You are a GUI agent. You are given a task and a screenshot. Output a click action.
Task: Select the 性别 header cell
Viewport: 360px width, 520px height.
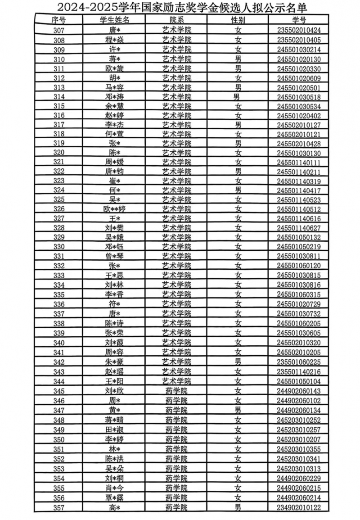click(x=238, y=20)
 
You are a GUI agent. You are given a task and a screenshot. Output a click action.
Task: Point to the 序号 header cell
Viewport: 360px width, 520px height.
click(x=58, y=20)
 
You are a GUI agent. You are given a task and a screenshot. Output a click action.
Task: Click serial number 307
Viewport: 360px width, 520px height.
click(x=58, y=31)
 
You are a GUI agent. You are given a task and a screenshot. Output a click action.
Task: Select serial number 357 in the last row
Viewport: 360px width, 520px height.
click(x=58, y=507)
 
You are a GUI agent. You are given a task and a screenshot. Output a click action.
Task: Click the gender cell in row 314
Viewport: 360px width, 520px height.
click(x=237, y=97)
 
